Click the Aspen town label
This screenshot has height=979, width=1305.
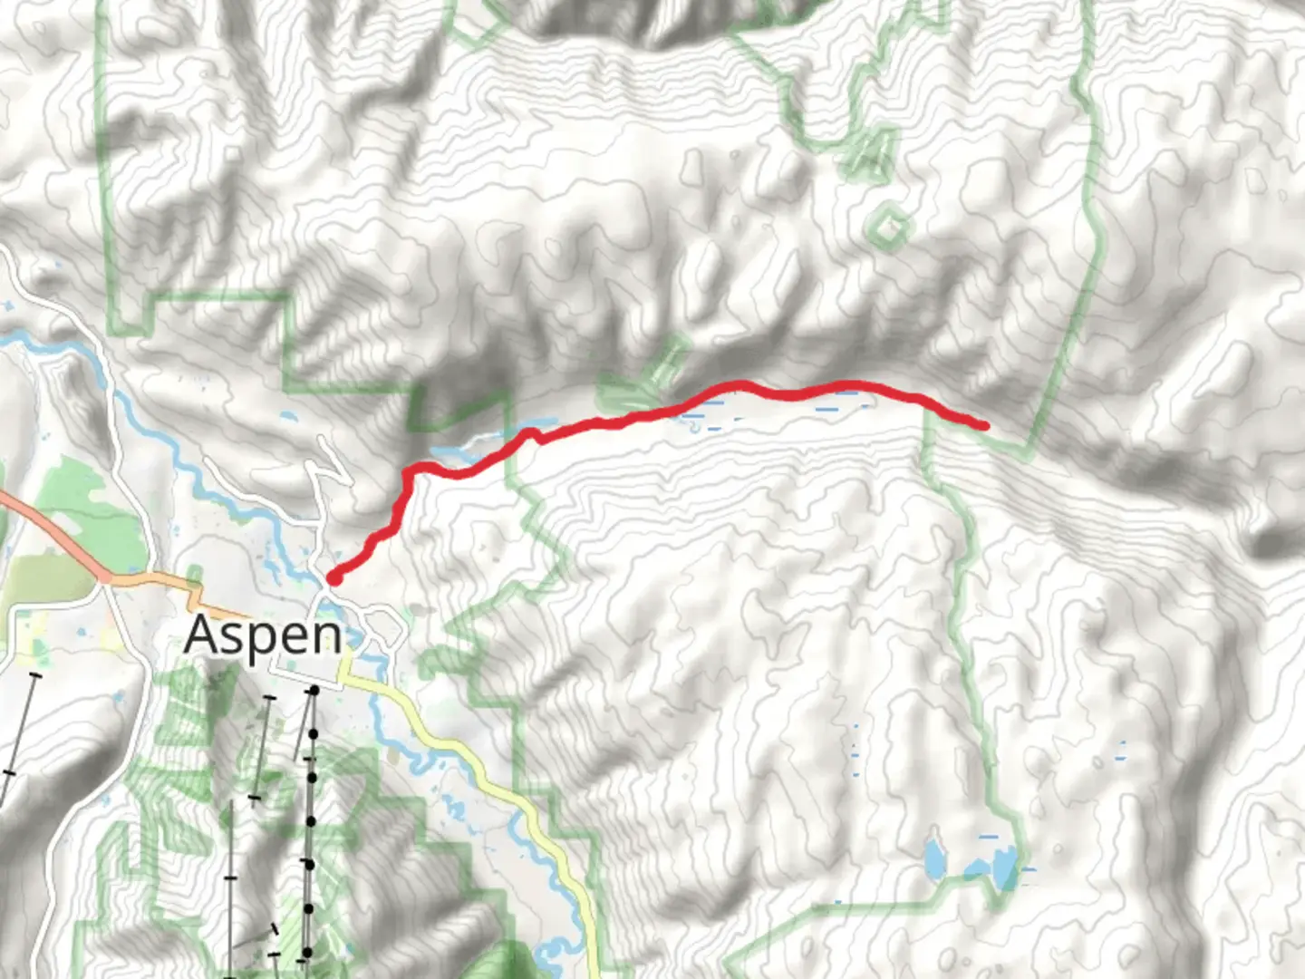(x=263, y=635)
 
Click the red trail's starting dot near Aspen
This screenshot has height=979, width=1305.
(x=333, y=577)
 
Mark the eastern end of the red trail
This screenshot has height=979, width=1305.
(x=984, y=424)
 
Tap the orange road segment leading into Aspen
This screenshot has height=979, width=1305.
(x=154, y=577)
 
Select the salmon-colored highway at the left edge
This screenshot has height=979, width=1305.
(x=36, y=517)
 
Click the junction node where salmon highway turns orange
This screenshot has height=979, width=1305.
(x=105, y=576)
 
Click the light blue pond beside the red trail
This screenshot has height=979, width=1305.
(x=535, y=424)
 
